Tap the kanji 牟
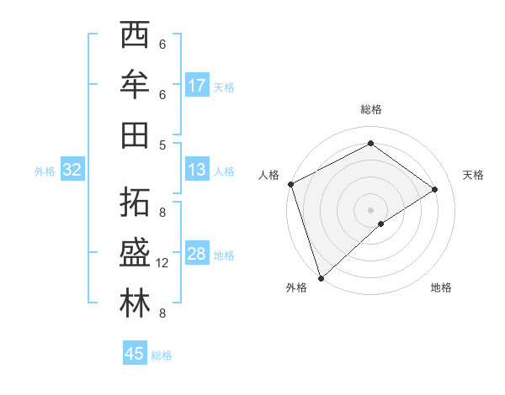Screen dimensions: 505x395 [x=136, y=85]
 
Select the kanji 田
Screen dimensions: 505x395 [x=136, y=134]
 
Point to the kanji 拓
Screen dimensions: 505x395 [x=136, y=203]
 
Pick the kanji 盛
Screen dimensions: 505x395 [x=136, y=253]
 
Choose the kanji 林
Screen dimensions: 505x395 [x=136, y=303]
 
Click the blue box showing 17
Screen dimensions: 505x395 [x=197, y=86]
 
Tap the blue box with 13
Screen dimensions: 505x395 [x=197, y=170]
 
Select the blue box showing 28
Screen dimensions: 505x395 [x=197, y=254]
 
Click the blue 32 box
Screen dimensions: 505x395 [x=72, y=170]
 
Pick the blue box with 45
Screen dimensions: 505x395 [x=135, y=354]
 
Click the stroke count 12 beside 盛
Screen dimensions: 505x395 [x=162, y=263]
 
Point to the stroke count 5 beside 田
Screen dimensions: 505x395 [x=162, y=145]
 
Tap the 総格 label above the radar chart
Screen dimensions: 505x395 [x=370, y=109]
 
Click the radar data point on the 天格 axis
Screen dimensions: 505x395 [x=435, y=189]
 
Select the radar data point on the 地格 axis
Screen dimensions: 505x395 [x=381, y=224]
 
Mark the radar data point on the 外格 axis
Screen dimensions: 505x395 [x=321, y=276]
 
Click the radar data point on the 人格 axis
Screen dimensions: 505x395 [x=290, y=184]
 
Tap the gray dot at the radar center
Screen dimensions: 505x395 [x=370, y=209]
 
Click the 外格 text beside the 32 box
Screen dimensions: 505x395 [x=45, y=171]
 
